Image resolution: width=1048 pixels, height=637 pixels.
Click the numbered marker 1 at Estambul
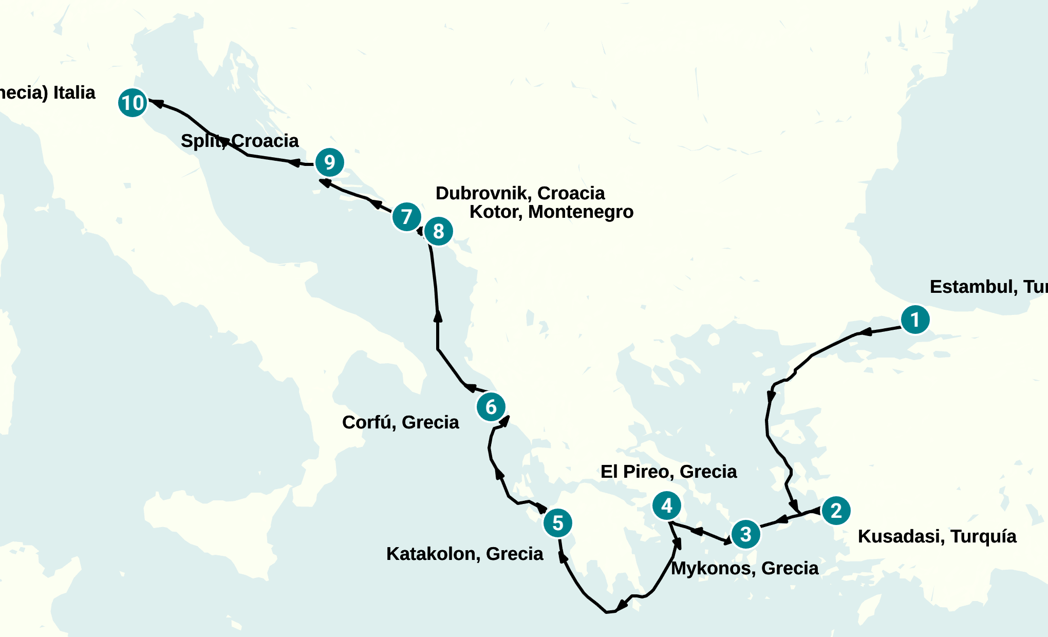915,320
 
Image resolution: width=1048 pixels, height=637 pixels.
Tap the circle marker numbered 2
836,511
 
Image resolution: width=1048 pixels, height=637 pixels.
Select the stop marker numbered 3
745,534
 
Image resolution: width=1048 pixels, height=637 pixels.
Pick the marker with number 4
667,506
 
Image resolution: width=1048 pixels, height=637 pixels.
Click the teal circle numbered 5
558,523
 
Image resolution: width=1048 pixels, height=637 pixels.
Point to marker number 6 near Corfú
491,407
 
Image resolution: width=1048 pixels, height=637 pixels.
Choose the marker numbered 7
407,217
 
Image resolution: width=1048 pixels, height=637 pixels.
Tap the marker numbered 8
438,231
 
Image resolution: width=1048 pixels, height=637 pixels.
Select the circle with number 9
329,162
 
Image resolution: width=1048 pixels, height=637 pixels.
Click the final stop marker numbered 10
133,103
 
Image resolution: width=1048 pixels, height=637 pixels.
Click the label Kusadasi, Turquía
937,536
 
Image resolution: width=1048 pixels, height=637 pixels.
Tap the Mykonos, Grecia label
744,568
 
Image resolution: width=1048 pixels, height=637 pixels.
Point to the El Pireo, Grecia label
668,472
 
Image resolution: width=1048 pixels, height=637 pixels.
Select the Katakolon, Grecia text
464,554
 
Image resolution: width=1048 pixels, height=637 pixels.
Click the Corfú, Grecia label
400,422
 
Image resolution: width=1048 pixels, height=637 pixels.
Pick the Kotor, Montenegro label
551,212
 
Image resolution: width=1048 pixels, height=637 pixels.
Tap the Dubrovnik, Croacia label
520,193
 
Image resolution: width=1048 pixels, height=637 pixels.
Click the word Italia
74,92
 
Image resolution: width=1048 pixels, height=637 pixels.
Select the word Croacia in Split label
265,141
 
